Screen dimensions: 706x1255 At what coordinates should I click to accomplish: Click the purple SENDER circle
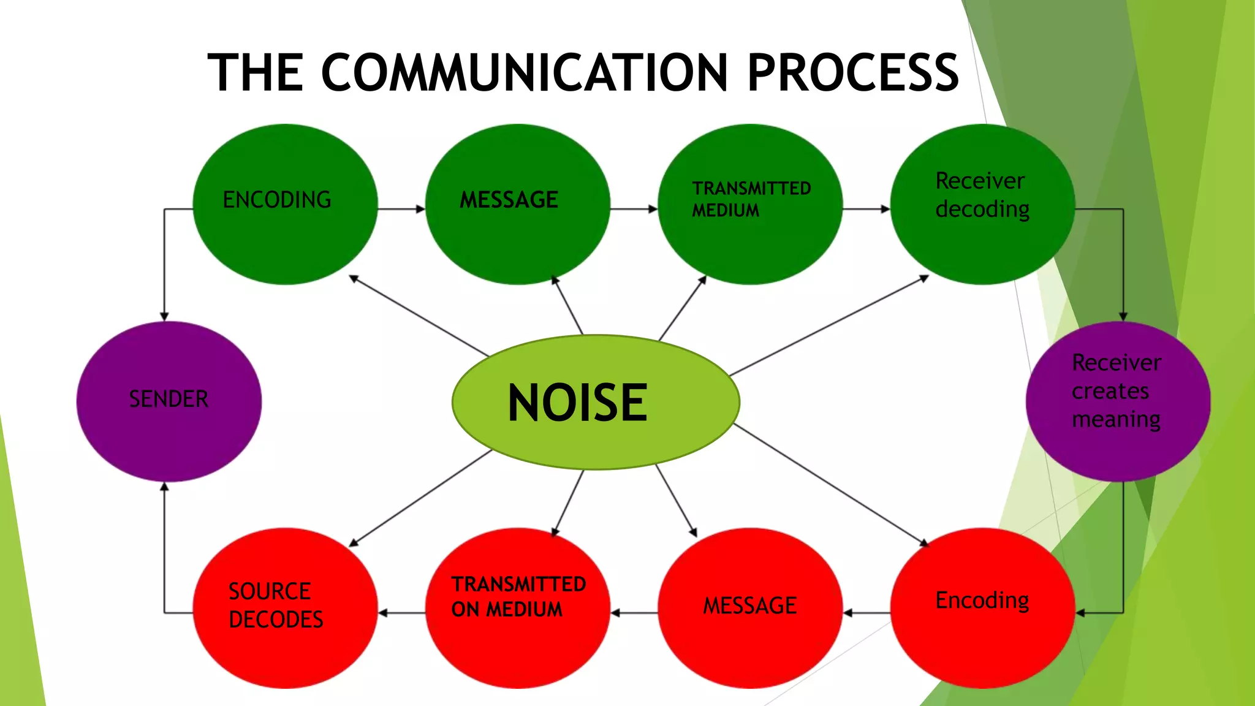pos(169,401)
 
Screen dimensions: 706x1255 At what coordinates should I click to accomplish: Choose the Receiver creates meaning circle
pos(1118,401)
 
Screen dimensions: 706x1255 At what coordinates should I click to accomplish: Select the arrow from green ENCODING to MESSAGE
pos(401,209)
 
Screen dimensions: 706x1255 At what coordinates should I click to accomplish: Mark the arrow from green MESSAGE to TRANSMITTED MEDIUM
pos(634,209)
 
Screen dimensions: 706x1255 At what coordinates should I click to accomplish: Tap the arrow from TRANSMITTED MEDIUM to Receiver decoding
pos(866,209)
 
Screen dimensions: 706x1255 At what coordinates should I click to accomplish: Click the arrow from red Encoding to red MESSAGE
pos(866,612)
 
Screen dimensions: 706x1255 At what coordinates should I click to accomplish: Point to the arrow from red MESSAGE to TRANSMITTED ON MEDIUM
pos(634,612)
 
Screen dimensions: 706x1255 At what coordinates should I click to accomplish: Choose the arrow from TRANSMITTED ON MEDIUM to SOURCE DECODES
pos(402,612)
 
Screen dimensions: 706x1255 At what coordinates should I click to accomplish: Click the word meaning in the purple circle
pos(1116,420)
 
